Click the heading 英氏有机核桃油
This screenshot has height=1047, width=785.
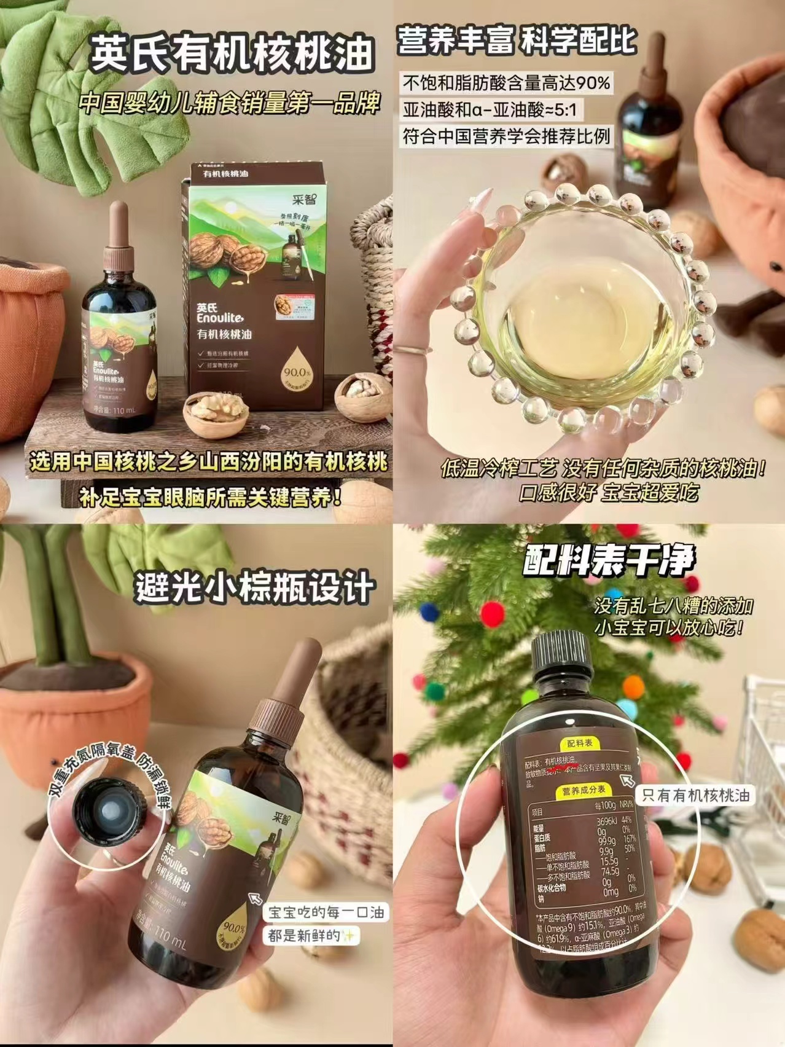[232, 53]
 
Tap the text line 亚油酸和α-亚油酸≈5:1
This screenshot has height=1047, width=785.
[493, 110]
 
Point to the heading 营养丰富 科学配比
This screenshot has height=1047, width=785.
[516, 41]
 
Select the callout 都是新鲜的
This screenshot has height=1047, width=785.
[311, 936]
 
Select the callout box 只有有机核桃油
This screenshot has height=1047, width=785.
[695, 795]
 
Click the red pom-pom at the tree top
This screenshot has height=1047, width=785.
[491, 612]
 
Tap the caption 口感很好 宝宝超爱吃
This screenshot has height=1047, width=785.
[608, 493]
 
